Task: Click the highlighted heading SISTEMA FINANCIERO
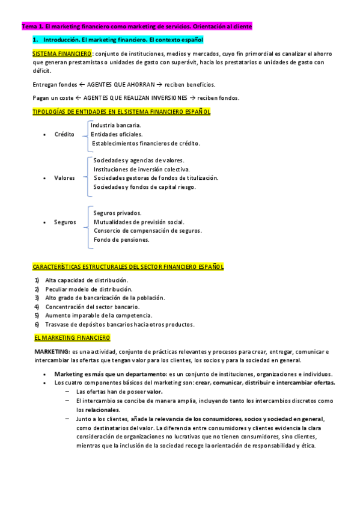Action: click(x=58, y=54)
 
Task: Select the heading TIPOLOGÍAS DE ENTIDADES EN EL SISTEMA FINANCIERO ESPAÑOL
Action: click(x=121, y=111)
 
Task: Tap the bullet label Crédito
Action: click(x=64, y=134)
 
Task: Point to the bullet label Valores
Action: click(x=64, y=178)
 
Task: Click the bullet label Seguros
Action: click(x=65, y=222)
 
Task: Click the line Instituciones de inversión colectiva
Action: click(x=142, y=169)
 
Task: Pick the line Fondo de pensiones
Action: click(x=121, y=239)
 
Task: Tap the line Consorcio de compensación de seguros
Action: click(x=148, y=230)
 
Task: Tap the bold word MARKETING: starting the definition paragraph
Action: click(x=52, y=351)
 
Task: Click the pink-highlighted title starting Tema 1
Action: click(x=137, y=27)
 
